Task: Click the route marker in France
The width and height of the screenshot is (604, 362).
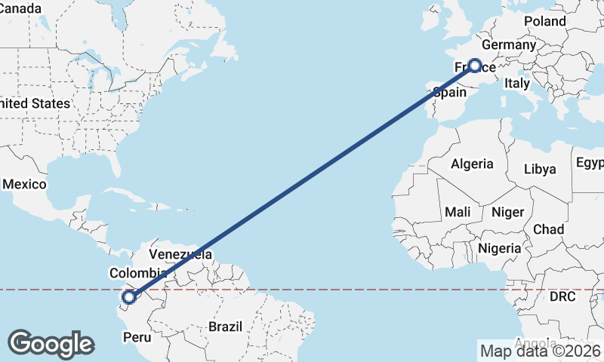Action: pyautogui.click(x=476, y=66)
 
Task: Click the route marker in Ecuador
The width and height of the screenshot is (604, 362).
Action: pyautogui.click(x=128, y=298)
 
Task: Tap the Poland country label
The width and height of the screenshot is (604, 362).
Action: pyautogui.click(x=544, y=22)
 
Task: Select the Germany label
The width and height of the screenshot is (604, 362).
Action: pyautogui.click(x=507, y=45)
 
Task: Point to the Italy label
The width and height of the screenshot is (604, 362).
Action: pyautogui.click(x=517, y=83)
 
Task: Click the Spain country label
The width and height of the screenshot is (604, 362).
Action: pyautogui.click(x=449, y=93)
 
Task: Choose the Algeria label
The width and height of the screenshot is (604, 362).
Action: pyautogui.click(x=472, y=164)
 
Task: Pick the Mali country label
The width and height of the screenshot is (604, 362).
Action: pyautogui.click(x=458, y=213)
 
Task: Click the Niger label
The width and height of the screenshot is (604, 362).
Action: pyautogui.click(x=507, y=213)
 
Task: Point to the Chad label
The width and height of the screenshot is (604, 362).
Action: pyautogui.click(x=548, y=229)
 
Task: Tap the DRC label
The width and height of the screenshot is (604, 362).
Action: pyautogui.click(x=562, y=297)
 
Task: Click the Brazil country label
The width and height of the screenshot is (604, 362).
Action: pyautogui.click(x=225, y=327)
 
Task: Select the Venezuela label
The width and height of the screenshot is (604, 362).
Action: pyautogui.click(x=180, y=254)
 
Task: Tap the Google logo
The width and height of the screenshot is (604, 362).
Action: pyautogui.click(x=51, y=344)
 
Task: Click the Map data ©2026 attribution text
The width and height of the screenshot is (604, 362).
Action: pyautogui.click(x=540, y=350)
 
